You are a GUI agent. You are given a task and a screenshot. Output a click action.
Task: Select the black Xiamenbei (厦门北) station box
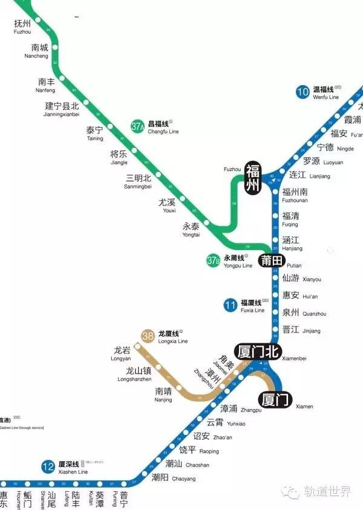258,351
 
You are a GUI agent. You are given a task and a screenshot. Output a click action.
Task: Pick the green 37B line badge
213,261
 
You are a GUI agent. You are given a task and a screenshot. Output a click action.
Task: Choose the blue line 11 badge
230,305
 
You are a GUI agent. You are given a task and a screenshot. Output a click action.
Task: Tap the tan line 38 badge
148,336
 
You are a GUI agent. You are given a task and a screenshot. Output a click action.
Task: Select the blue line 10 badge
302,92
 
